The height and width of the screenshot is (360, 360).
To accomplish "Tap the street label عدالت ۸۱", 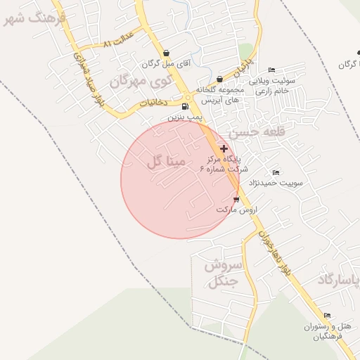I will click(117, 44).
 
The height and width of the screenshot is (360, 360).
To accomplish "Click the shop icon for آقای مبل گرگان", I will click(165, 53).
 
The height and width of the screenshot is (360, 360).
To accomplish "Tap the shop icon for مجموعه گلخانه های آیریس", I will click(220, 79).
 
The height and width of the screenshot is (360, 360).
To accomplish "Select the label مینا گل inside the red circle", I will click(167, 162).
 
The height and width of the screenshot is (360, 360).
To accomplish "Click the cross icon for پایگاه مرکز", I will click(224, 148).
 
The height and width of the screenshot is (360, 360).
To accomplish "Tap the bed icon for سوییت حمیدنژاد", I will click(276, 172).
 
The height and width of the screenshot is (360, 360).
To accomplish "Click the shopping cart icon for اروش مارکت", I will click(235, 200).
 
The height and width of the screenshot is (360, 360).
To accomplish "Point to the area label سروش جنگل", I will click(223, 274).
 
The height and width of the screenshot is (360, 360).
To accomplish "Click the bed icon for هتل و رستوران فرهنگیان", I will click(327, 316).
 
